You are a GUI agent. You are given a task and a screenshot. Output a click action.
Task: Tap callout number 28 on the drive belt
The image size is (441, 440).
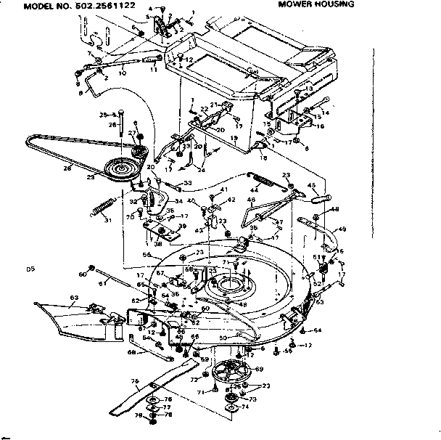click(x=67, y=168)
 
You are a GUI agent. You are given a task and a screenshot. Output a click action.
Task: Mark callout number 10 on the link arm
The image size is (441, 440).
click(x=122, y=73)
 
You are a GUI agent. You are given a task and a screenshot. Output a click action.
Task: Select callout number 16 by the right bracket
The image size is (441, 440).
click(x=321, y=126)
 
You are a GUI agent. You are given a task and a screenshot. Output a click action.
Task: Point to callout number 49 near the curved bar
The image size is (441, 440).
click(x=342, y=229)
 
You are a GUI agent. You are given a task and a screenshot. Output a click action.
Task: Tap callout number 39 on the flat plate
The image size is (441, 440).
click(x=181, y=227)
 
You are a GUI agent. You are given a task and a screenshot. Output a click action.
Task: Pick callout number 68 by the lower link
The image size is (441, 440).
click(x=131, y=354)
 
